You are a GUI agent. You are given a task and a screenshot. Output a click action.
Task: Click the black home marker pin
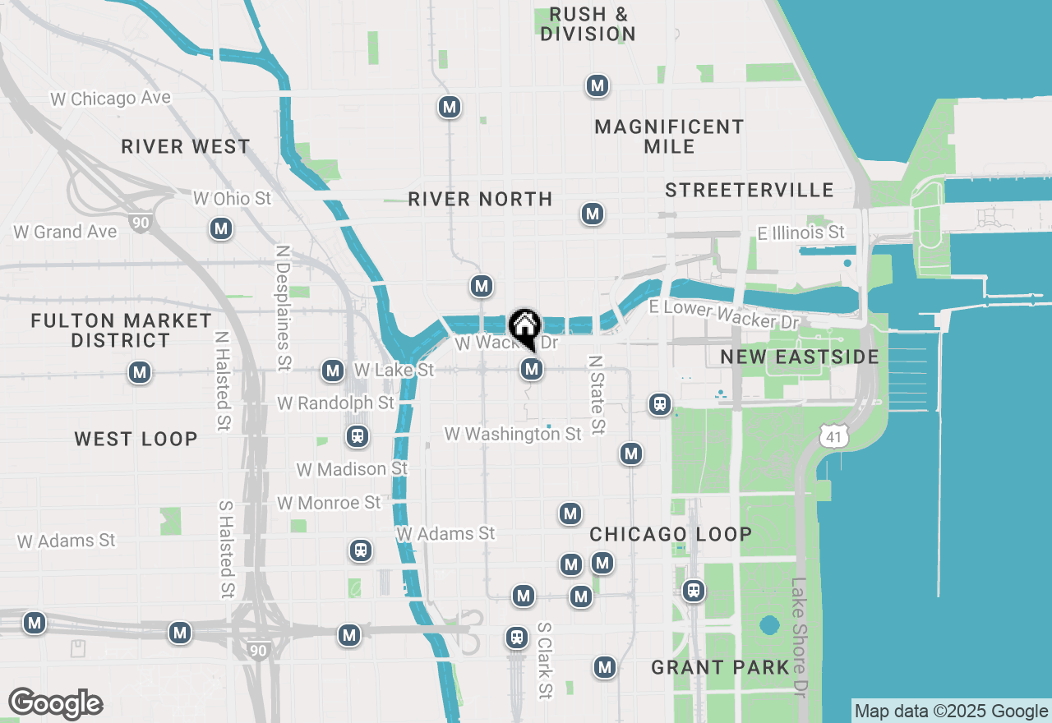pyautogui.click(x=524, y=328)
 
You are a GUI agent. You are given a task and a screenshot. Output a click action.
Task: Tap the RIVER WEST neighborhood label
pyautogui.click(x=186, y=147)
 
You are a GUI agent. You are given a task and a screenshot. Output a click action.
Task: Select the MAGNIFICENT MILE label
pyautogui.click(x=669, y=136)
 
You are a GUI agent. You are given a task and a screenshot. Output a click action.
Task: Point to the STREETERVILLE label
pyautogui.click(x=750, y=191)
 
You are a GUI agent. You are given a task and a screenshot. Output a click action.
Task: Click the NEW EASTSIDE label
pyautogui.click(x=800, y=357)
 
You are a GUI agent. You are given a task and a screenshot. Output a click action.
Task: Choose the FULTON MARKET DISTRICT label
pyautogui.click(x=121, y=330)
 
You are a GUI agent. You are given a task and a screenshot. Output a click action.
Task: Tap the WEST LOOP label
pyautogui.click(x=136, y=439)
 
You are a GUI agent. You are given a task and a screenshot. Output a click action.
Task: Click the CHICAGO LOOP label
pyautogui.click(x=671, y=534)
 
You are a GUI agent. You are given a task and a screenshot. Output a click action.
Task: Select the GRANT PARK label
pyautogui.click(x=720, y=667)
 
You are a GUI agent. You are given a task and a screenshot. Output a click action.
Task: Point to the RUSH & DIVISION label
pyautogui.click(x=588, y=25)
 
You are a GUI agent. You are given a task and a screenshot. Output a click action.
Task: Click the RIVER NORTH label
pyautogui.click(x=480, y=200)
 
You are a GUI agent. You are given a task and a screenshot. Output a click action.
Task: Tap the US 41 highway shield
pyautogui.click(x=834, y=436)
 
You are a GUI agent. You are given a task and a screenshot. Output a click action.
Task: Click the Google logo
pyautogui.click(x=55, y=704)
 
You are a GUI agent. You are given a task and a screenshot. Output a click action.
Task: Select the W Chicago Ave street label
pyautogui.click(x=110, y=99)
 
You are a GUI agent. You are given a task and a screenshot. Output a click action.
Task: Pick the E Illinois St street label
pyautogui.click(x=801, y=233)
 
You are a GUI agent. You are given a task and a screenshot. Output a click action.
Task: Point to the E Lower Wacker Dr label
pyautogui.click(x=723, y=313)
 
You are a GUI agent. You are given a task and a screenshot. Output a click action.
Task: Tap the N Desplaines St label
pyautogui.click(x=284, y=307)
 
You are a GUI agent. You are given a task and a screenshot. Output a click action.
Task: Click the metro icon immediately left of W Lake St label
pyautogui.click(x=333, y=371)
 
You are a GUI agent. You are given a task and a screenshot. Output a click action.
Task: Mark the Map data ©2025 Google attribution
pyautogui.click(x=951, y=711)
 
